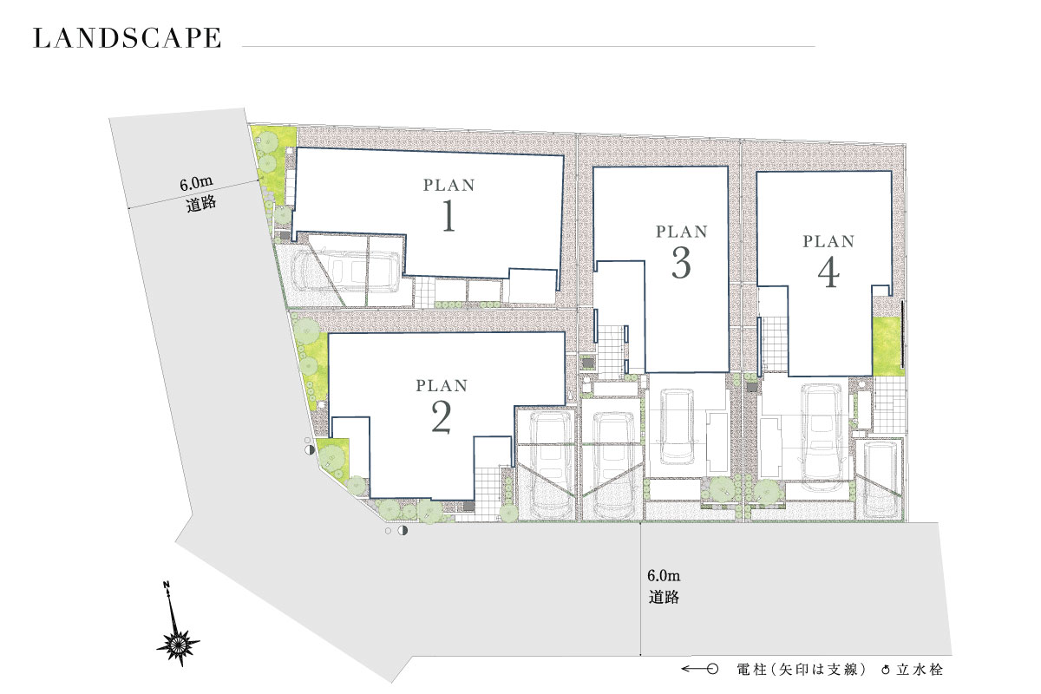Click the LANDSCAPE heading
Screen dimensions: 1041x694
coord(127,38)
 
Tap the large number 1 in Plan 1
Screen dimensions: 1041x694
coord(448,215)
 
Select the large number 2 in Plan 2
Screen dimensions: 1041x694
coord(441,417)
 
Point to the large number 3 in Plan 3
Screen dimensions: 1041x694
coord(681,263)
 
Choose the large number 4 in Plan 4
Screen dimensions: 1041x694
coord(828,273)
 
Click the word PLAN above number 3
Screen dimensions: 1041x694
coord(682,232)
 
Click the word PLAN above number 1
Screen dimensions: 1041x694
coord(449,186)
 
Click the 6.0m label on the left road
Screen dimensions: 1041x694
coord(196,184)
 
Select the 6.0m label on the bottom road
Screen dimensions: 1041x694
coord(664,576)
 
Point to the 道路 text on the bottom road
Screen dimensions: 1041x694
coord(664,597)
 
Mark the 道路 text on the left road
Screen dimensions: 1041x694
coord(201,204)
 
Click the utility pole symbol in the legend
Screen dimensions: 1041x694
coord(700,670)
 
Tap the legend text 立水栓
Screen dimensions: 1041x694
coord(920,670)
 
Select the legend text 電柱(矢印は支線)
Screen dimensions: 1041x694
coord(802,670)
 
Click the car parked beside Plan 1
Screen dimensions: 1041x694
coord(345,272)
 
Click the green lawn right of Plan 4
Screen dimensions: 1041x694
coord(887,346)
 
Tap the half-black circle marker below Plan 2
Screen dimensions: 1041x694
coord(403,530)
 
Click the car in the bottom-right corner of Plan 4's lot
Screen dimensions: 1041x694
coord(880,480)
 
